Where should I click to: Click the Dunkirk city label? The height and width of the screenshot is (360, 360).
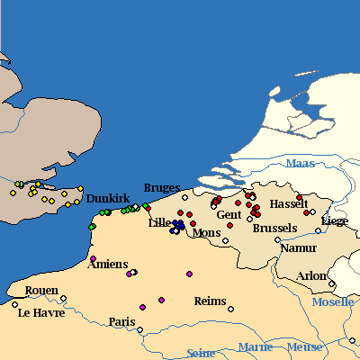click(x=109, y=198)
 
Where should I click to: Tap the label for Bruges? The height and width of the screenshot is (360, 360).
click(x=162, y=188)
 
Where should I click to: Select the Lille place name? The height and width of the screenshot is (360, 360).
click(x=160, y=222)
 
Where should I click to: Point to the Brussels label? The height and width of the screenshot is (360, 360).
click(x=274, y=229)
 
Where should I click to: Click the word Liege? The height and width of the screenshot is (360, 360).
click(x=335, y=220)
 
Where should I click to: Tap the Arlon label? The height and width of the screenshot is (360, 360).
click(x=312, y=275)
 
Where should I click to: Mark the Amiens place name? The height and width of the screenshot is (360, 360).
click(x=107, y=263)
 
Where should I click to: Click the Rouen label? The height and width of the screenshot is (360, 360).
click(x=42, y=291)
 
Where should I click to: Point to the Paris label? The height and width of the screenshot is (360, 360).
click(x=121, y=321)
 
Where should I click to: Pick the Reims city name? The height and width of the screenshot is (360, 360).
click(x=210, y=301)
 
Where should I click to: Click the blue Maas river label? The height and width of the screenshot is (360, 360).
click(x=301, y=163)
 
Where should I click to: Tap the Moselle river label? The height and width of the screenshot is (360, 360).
click(x=333, y=301)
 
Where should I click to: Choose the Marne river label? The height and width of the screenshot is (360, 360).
click(x=256, y=346)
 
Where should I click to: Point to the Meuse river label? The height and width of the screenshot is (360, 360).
click(x=304, y=346)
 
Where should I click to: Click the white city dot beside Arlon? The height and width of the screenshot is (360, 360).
click(x=332, y=284)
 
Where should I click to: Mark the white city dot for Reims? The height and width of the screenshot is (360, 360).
click(x=230, y=309)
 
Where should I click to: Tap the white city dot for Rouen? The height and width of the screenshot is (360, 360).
click(x=63, y=298)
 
